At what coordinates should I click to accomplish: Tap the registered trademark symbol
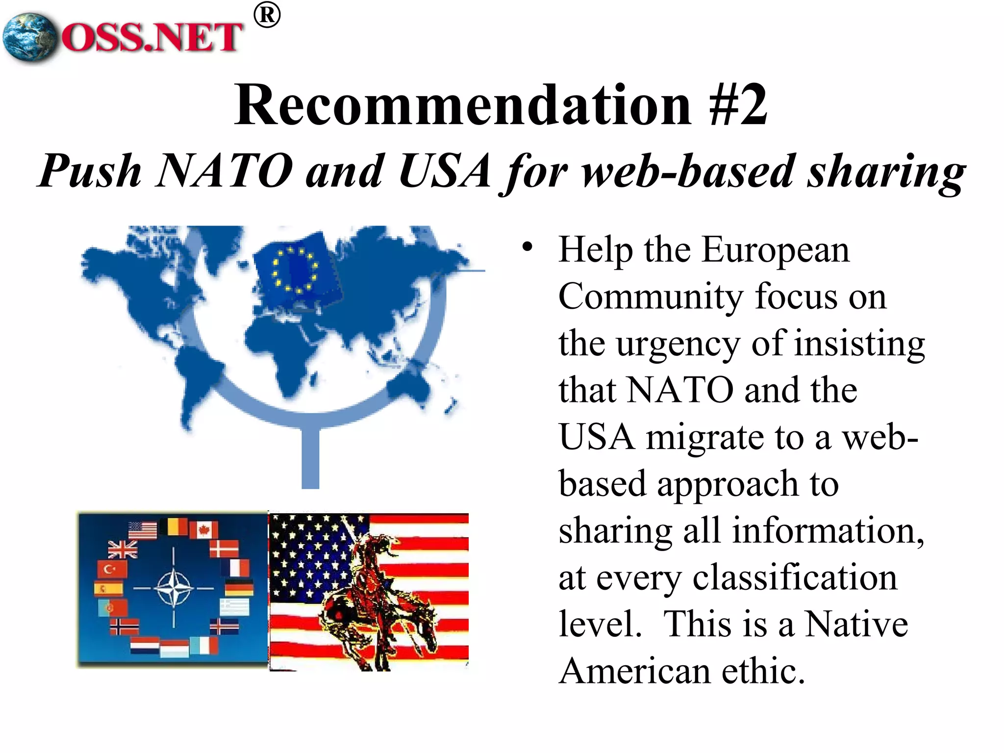267,16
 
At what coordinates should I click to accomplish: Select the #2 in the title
738,105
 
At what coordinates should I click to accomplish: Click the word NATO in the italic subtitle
224,171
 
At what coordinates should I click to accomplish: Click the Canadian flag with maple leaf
203,529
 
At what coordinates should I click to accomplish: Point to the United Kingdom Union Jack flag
122,550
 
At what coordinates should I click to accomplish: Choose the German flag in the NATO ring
239,587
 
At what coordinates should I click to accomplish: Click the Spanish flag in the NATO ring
108,588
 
